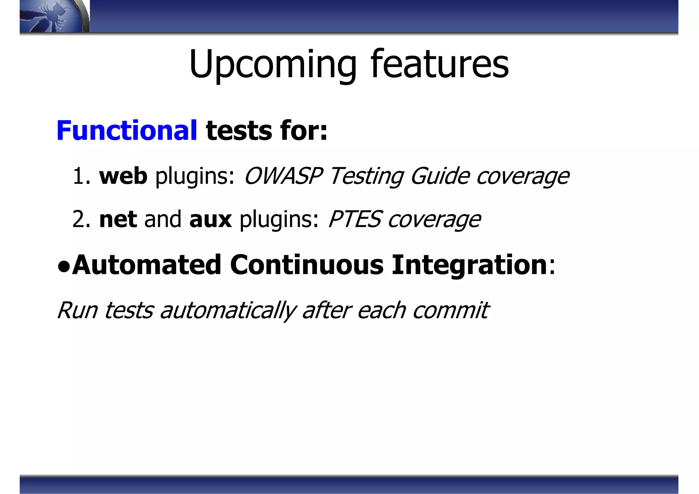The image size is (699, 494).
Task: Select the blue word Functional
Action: coord(127,130)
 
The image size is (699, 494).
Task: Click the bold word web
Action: coord(123,176)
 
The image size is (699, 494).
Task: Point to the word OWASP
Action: coord(283,176)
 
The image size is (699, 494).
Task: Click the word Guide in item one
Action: coord(440,177)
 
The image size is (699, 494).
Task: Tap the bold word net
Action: coord(118,219)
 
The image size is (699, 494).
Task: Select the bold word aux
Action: coord(210,219)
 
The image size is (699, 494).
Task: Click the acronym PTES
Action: coord(354,219)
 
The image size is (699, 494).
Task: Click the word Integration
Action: coord(469,265)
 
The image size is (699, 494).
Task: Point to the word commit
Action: coord(451,310)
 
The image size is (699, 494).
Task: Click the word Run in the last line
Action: coord(77,310)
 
